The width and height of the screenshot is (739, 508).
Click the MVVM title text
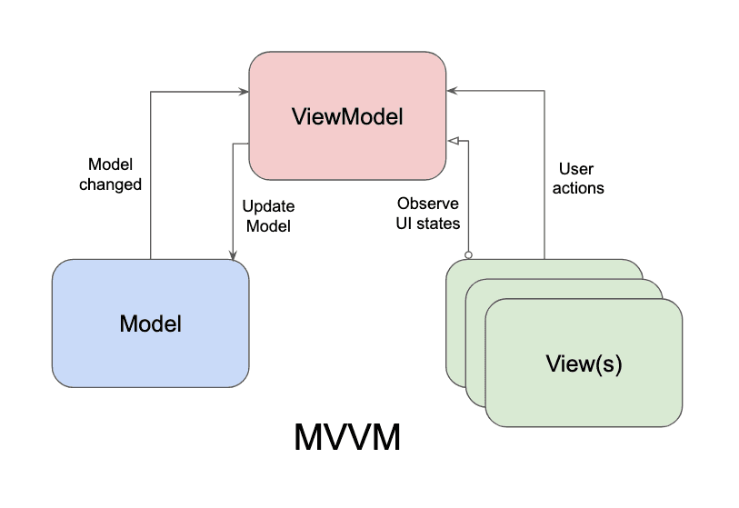click(x=347, y=438)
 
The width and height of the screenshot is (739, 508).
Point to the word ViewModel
click(x=347, y=116)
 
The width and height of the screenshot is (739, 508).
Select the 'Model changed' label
click(x=110, y=174)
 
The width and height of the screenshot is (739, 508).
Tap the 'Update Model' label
click(x=267, y=216)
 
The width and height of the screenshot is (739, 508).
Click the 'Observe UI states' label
click(x=427, y=213)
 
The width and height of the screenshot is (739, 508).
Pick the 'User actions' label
click(x=580, y=178)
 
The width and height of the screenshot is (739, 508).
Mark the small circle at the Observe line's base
click(x=468, y=254)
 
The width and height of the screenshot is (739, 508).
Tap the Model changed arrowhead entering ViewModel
click(x=244, y=91)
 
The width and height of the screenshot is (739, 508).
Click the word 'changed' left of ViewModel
click(x=110, y=184)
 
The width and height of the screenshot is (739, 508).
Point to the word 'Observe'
click(x=427, y=203)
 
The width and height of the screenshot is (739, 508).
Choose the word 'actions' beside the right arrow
click(x=580, y=188)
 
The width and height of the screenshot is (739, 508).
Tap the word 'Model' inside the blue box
click(x=150, y=324)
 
